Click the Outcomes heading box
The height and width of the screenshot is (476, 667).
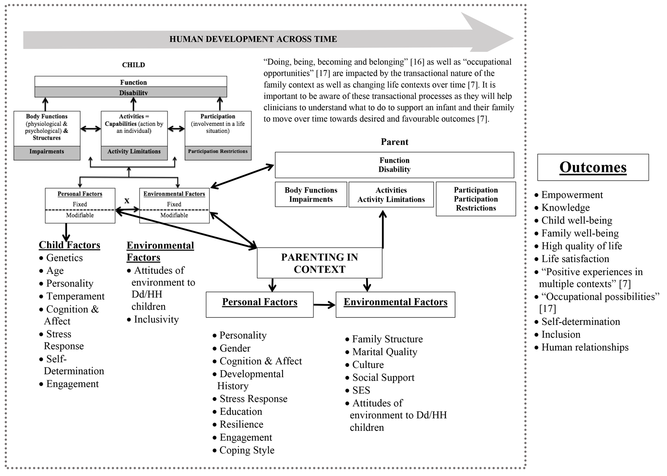click(x=592, y=167)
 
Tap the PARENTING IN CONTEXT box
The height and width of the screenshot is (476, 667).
click(x=319, y=263)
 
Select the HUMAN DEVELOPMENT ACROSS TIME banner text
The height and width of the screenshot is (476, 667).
click(x=253, y=39)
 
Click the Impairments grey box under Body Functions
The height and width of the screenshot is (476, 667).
click(x=47, y=152)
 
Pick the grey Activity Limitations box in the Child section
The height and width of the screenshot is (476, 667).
click(x=134, y=152)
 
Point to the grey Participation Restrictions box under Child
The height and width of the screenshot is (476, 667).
click(x=218, y=152)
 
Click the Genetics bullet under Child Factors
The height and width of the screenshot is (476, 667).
click(x=64, y=258)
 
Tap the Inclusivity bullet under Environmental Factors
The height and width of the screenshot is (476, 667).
click(x=156, y=319)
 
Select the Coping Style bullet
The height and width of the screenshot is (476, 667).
click(x=247, y=450)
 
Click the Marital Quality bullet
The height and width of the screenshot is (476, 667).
click(x=385, y=352)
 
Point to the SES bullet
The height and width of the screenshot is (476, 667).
click(x=361, y=390)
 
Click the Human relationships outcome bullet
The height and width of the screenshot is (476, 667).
click(x=585, y=347)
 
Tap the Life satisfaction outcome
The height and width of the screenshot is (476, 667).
click(x=575, y=259)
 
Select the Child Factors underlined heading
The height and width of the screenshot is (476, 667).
click(x=69, y=245)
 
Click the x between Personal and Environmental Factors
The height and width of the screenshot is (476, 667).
click(x=127, y=201)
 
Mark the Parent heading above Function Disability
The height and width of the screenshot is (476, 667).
click(x=394, y=142)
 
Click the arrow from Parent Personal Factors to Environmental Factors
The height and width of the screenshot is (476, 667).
click(x=324, y=305)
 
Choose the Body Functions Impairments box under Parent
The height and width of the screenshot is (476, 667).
click(x=311, y=195)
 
